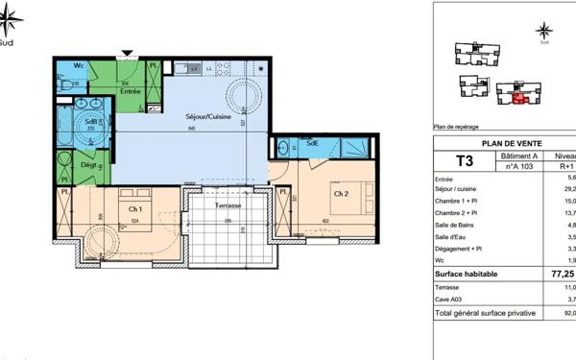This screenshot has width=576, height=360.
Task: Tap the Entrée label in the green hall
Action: pyautogui.click(x=130, y=92)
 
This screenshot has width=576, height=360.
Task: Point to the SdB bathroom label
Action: pyautogui.click(x=92, y=121)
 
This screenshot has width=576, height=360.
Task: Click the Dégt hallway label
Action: pyautogui.click(x=88, y=164)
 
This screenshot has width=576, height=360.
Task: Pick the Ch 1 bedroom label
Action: pyautogui.click(x=134, y=208)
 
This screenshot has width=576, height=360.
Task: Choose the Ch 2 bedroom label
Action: pyautogui.click(x=340, y=193)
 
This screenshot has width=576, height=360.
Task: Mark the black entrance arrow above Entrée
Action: pyautogui.click(x=126, y=54)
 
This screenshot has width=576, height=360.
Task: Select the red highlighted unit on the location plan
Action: pyautogui.click(x=518, y=97)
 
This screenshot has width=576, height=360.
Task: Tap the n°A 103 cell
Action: pyautogui.click(x=518, y=165)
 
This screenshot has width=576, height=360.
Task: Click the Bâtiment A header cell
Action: pyautogui.click(x=518, y=154)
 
